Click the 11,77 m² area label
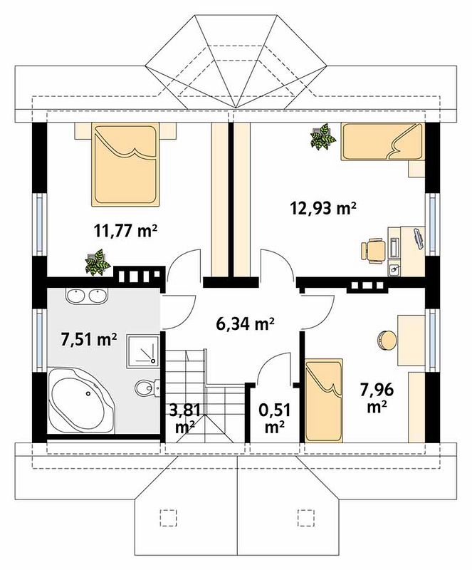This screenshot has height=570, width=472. (125, 230)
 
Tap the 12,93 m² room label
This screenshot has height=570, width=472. (322, 208)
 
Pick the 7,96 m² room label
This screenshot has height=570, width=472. (377, 398)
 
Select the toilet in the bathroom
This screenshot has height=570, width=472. (147, 388)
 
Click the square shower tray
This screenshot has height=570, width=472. (143, 351)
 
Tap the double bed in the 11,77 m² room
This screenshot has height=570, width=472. (125, 165)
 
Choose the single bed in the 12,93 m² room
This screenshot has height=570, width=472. (382, 141)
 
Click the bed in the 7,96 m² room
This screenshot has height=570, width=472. (324, 400)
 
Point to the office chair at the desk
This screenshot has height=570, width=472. (373, 250)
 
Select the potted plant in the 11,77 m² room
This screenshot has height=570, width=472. (98, 261)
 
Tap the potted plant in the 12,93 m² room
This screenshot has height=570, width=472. (322, 136)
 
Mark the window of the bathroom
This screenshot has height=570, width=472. (40, 337)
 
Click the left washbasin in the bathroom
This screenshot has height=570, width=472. (76, 295)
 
